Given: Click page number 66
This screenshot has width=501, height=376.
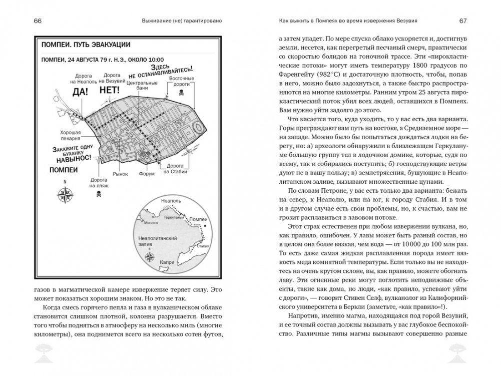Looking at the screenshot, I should (38, 21).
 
